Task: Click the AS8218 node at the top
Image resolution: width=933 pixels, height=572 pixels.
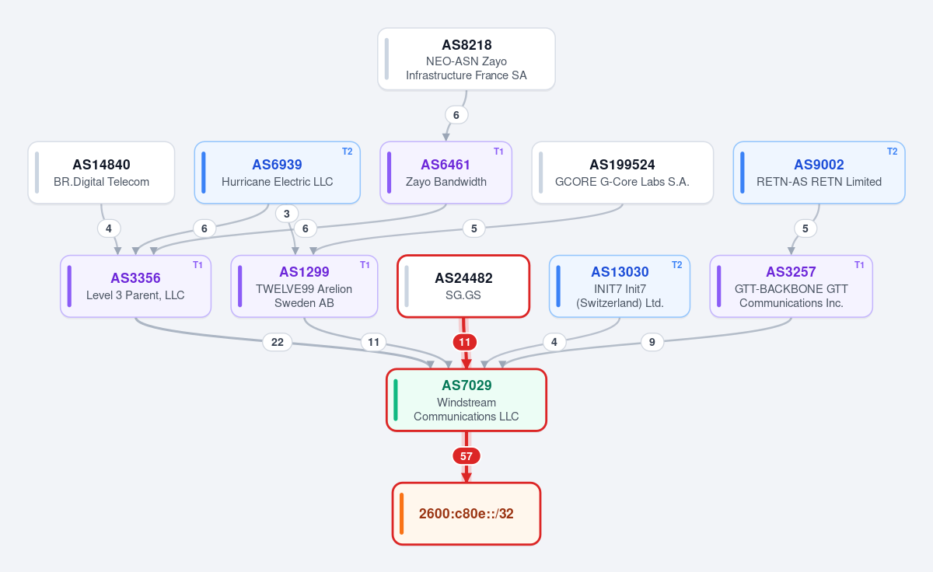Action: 466,59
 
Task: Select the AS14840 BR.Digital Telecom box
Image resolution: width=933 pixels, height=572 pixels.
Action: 101,173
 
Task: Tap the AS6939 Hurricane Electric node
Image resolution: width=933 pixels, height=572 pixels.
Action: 277,173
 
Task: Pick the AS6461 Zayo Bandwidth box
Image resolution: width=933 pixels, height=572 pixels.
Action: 446,173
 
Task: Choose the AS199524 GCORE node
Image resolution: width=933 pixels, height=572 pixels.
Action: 622,173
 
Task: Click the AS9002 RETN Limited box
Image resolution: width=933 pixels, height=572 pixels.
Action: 819,173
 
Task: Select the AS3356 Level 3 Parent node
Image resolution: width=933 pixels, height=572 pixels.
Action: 136,287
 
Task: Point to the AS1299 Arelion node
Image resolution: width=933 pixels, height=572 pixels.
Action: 304,287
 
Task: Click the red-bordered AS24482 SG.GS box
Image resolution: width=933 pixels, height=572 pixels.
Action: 463,287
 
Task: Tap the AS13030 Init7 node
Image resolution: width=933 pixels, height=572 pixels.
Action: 620,287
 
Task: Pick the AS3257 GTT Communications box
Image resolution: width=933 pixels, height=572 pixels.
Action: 791,287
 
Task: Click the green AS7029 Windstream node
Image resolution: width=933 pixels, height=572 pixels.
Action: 466,400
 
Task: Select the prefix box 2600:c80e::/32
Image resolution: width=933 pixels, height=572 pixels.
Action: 466,514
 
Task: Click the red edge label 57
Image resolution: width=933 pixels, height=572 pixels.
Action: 466,456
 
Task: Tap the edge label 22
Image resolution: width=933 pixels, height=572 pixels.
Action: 278,342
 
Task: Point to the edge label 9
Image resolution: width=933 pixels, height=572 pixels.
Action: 652,342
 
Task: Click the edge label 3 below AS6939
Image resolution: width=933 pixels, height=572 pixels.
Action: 287,214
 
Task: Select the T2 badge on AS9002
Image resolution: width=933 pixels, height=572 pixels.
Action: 893,152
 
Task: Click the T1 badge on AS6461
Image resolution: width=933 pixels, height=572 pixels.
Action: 498,152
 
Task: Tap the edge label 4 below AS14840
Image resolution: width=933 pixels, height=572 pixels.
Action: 109,228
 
